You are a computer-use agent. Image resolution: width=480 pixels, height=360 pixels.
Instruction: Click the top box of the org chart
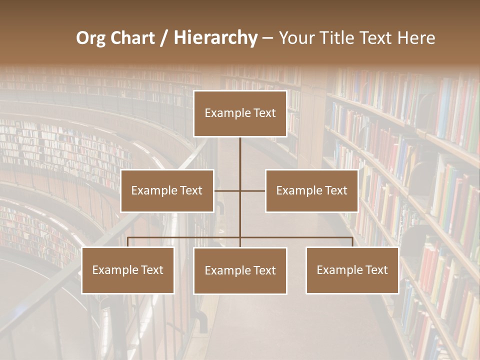(240, 113)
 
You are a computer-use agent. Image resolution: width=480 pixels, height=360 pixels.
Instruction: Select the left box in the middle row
(167, 190)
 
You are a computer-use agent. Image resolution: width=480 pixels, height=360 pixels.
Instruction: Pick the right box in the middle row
(311, 190)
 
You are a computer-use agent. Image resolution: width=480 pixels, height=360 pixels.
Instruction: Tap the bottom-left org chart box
(128, 270)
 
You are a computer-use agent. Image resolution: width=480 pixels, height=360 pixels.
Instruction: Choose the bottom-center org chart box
(240, 270)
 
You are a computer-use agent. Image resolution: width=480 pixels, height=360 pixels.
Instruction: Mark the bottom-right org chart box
(352, 270)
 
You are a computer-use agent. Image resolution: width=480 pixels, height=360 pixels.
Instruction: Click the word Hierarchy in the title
(215, 38)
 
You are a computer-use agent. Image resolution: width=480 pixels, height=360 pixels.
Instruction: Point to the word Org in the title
(90, 38)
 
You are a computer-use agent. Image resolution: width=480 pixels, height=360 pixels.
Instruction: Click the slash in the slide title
(164, 38)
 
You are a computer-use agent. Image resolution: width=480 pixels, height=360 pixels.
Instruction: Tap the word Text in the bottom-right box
(376, 270)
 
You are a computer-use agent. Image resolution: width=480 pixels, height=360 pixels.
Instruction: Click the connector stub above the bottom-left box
(128, 242)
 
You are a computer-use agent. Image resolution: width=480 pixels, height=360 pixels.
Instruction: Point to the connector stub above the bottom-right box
(352, 242)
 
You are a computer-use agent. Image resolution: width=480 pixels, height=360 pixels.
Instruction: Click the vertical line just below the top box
(240, 150)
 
